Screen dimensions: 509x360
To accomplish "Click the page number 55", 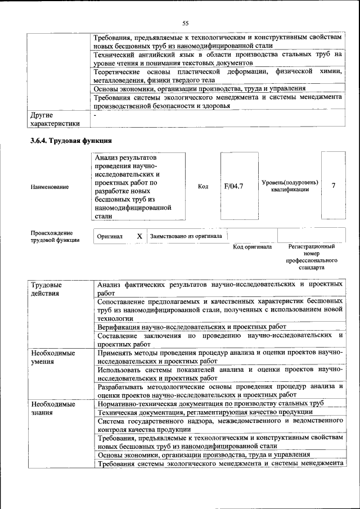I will point(185,23).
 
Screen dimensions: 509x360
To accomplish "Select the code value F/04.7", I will point(233,186).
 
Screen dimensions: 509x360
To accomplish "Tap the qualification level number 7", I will point(334,186).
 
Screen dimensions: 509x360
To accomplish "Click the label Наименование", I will point(50,187).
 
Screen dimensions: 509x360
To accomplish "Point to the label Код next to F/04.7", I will point(203,186).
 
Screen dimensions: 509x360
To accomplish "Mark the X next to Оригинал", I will point(139,237).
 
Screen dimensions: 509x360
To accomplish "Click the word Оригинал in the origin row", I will point(110,237).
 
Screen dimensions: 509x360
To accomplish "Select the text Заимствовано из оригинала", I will point(186,237).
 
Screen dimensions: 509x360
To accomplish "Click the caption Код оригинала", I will point(253,247).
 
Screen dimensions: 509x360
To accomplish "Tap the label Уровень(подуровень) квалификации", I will point(290,186).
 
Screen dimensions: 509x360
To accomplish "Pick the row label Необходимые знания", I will point(53,408).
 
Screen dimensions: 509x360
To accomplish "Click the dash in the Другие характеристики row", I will point(96,115).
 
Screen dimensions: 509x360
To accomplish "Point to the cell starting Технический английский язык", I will point(218,59).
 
